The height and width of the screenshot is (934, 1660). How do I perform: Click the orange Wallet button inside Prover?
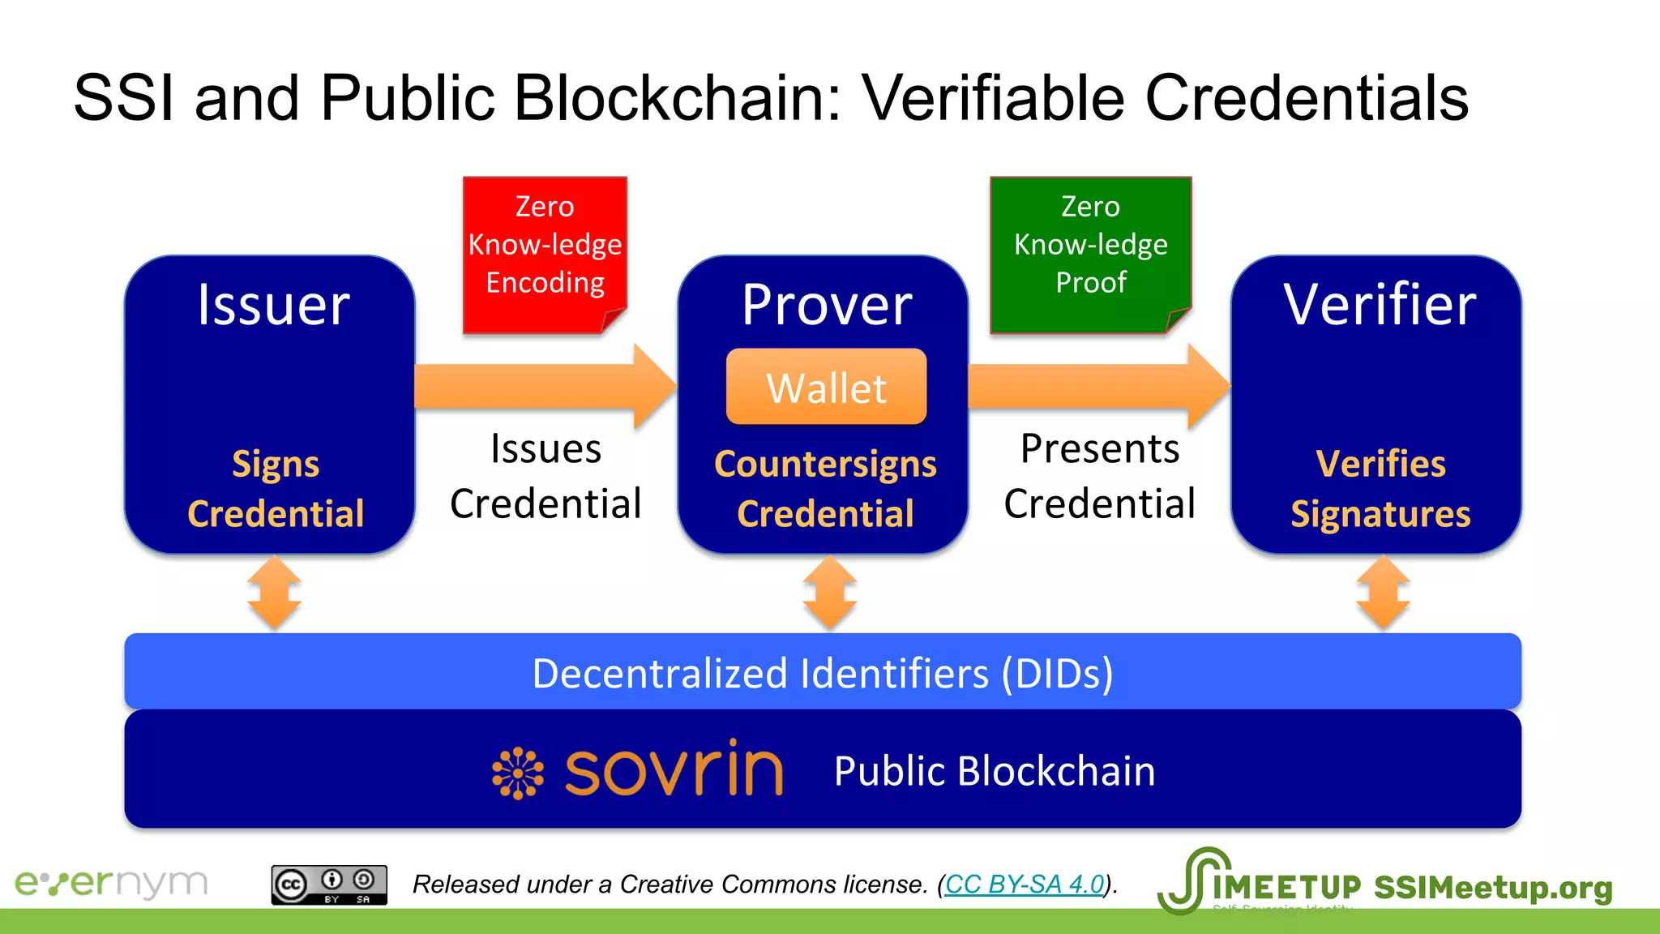click(x=826, y=387)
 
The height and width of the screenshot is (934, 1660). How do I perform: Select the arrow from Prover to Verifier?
click(x=1098, y=386)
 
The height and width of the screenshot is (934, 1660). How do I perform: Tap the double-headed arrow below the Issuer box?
click(x=275, y=593)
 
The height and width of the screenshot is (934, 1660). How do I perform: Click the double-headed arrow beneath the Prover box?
click(x=829, y=593)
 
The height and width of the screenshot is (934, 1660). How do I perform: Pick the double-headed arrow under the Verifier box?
click(x=1383, y=593)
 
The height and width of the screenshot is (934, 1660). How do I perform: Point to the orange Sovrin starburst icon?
click(x=517, y=773)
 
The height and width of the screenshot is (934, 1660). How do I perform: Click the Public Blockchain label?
click(x=995, y=771)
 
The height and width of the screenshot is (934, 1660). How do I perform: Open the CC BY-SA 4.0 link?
click(x=1025, y=884)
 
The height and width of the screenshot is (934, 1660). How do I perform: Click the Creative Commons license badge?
click(x=329, y=885)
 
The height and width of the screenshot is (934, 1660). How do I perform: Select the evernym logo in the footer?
click(x=112, y=883)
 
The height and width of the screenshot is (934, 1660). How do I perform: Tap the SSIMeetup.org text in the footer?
click(x=1493, y=888)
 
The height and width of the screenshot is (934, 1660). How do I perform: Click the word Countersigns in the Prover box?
click(x=825, y=464)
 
